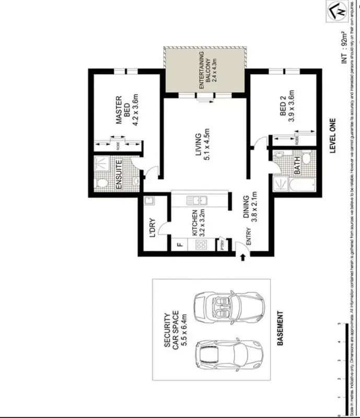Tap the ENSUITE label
pyautogui.click(x=119, y=174)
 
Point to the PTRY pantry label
pyautogui.click(x=223, y=245)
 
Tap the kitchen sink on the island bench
pyautogui.click(x=198, y=200)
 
